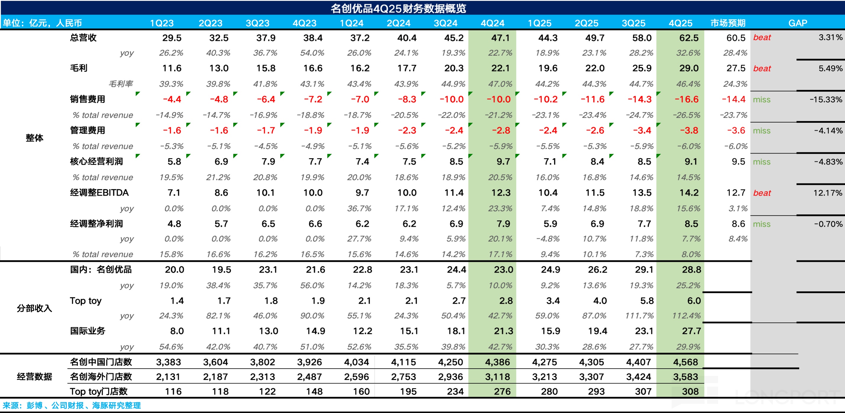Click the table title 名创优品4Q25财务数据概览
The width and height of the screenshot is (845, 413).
(398, 8)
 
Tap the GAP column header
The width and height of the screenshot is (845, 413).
(797, 23)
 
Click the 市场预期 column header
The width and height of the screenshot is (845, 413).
(728, 23)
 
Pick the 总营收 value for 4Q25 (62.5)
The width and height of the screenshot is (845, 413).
(689, 38)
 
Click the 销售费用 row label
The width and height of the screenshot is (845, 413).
(87, 99)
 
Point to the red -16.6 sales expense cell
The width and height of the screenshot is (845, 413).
(686, 99)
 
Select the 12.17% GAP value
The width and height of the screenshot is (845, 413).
(827, 193)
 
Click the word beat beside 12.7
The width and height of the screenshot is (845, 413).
(762, 193)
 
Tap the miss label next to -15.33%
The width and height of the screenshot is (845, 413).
(761, 99)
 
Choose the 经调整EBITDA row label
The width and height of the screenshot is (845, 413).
(99, 193)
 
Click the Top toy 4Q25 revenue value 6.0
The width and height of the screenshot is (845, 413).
(694, 301)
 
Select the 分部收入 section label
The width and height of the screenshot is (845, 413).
(34, 308)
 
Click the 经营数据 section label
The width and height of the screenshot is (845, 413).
(34, 376)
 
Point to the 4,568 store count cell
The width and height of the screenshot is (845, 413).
(685, 362)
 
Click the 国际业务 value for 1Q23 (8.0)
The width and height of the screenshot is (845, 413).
(177, 331)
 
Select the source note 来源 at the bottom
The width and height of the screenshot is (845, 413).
(72, 405)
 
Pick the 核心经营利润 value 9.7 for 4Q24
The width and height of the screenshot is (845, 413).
(503, 162)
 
